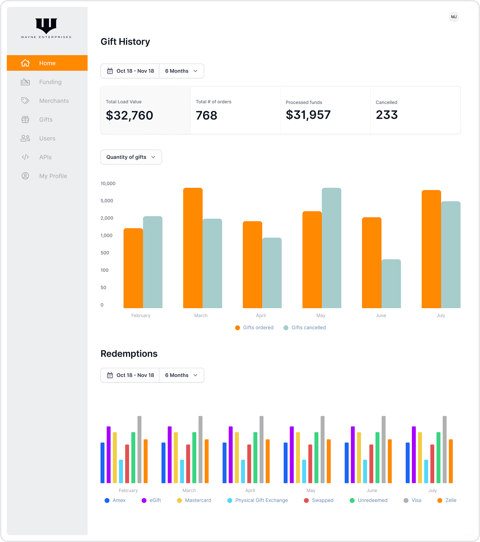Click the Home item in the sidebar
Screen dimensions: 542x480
47,63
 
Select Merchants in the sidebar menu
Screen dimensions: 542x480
54,101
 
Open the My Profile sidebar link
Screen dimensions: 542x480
53,176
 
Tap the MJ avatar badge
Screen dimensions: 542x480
454,17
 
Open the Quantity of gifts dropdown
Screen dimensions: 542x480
131,157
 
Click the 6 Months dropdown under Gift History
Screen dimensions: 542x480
181,71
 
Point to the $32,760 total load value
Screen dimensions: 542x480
129,115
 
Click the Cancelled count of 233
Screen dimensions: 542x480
387,115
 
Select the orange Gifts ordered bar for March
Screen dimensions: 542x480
193,248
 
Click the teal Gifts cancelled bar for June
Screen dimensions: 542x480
391,284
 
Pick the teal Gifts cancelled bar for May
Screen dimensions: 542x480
331,248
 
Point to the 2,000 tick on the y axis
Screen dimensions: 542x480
107,218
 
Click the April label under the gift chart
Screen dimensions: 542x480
261,316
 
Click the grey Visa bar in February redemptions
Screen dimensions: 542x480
139,449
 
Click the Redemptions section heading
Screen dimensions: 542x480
129,354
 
